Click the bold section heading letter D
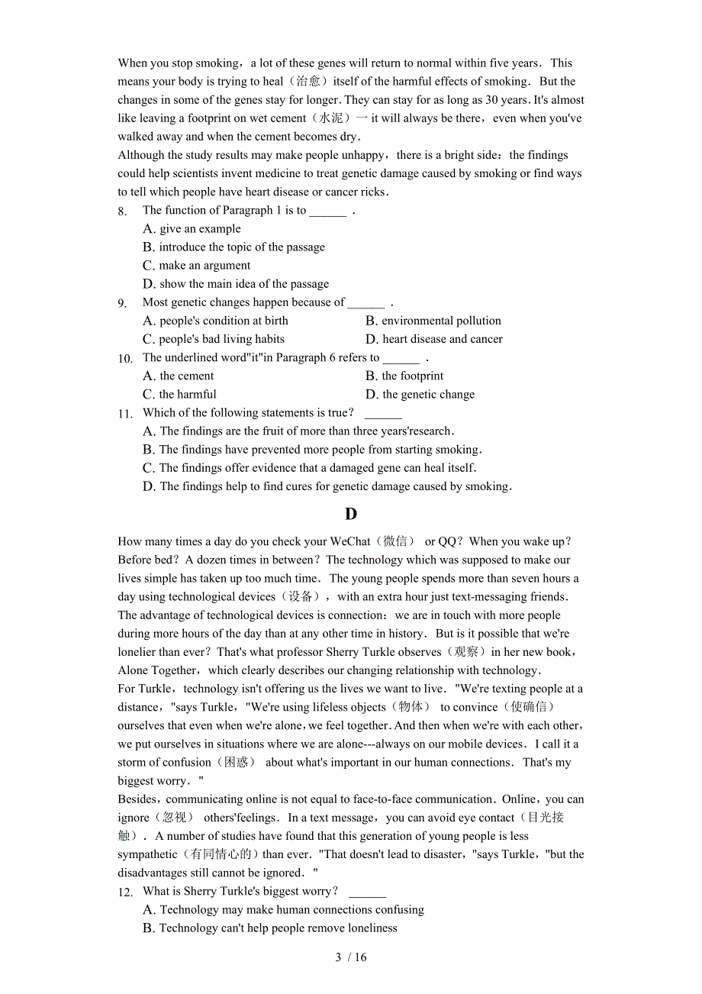coord(351,514)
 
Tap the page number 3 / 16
coord(351,957)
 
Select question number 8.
coord(122,211)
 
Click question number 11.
coord(125,414)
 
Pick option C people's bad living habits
coord(214,339)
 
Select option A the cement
coord(179,376)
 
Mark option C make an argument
coord(197,266)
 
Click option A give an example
coord(192,229)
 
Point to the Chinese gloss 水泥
coord(331,118)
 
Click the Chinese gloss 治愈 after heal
coord(308,82)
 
